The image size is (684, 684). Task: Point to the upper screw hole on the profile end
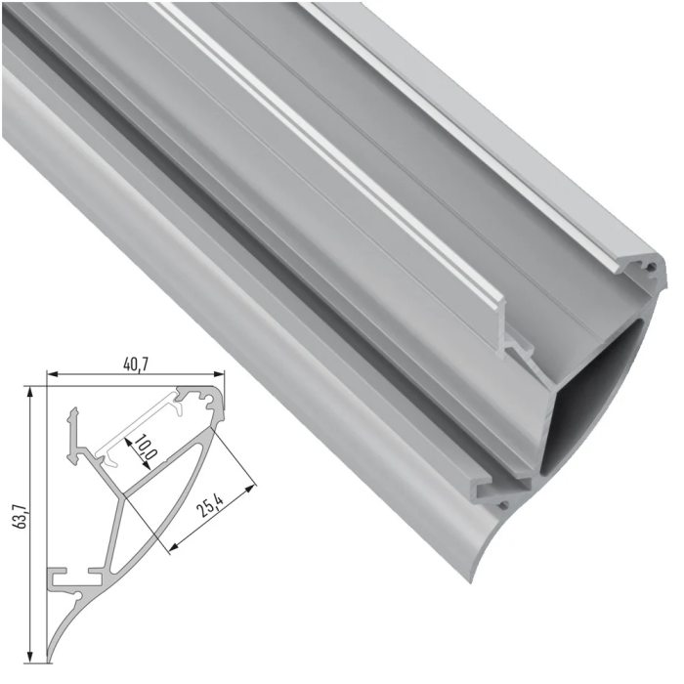pos(648,267)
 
